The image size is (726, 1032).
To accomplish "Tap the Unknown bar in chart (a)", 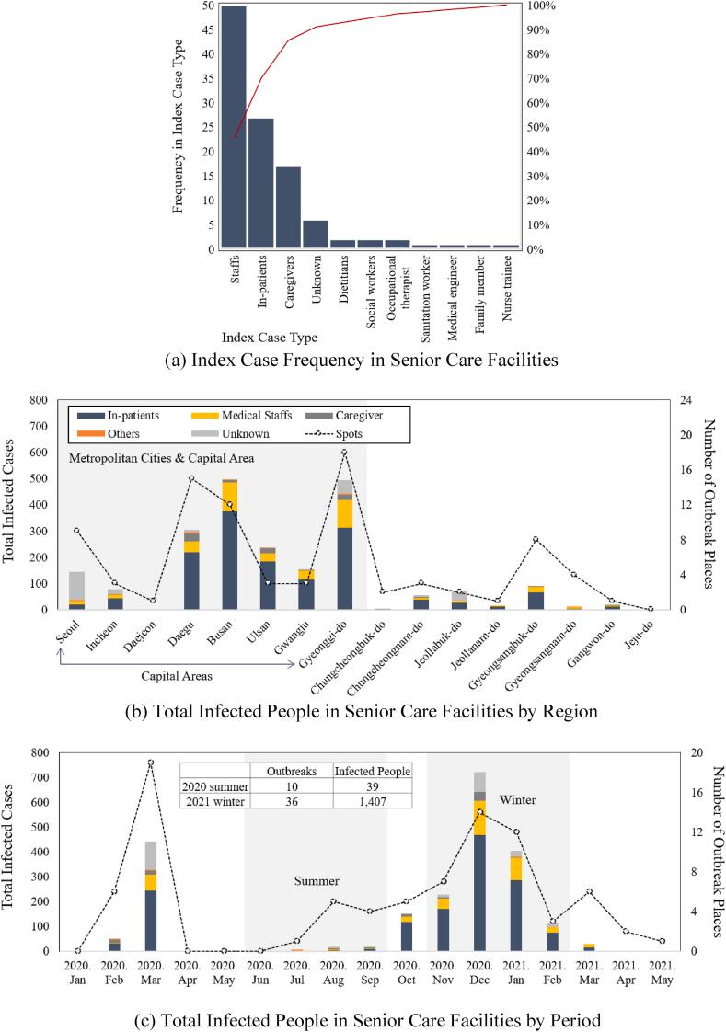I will point(316,235).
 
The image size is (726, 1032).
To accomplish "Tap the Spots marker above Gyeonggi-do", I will point(344,452).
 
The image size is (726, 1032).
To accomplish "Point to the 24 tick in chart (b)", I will point(674,400).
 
